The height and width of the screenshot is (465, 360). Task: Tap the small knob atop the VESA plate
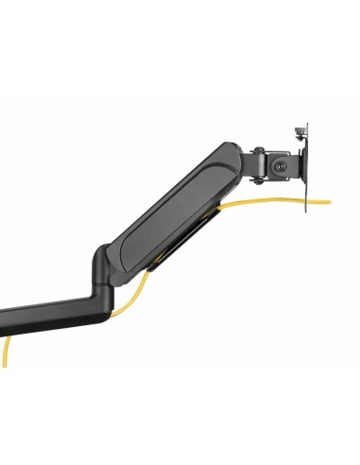tap(300, 126)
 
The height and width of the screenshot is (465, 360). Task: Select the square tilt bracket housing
tap(278, 166)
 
